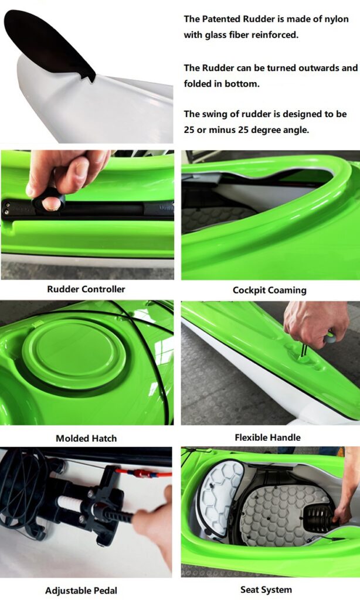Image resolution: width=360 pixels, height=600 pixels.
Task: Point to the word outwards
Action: pyautogui.click(x=319, y=68)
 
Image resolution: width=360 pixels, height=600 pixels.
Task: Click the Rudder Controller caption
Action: pyautogui.click(x=86, y=289)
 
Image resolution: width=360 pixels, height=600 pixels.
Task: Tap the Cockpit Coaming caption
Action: pyautogui.click(x=270, y=290)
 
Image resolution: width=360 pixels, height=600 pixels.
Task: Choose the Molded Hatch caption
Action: pyautogui.click(x=86, y=438)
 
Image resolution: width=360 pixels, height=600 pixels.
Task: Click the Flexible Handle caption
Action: pyautogui.click(x=268, y=437)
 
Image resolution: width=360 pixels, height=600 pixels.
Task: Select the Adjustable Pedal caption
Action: pyautogui.click(x=81, y=591)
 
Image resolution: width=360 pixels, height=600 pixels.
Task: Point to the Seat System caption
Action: pyautogui.click(x=266, y=589)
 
